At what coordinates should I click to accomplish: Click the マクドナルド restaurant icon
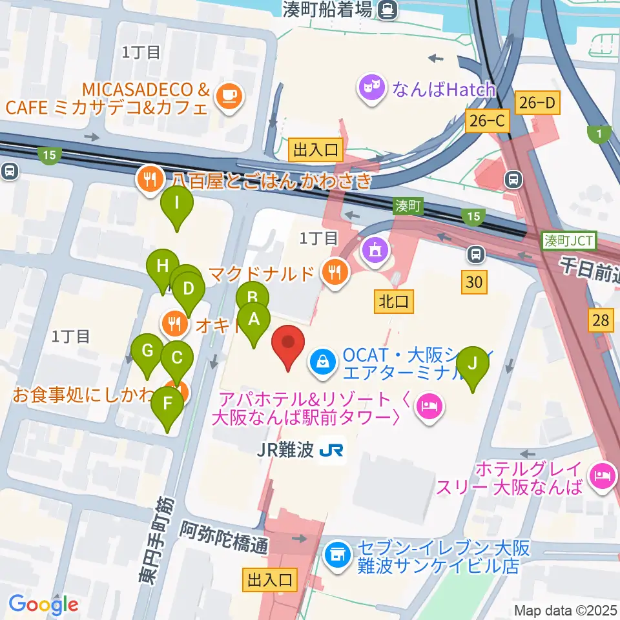pyautogui.click(x=334, y=273)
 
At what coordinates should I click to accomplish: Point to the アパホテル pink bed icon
pyautogui.click(x=429, y=408)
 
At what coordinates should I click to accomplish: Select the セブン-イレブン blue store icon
pyautogui.click(x=336, y=553)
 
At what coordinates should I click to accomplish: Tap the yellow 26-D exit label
pyautogui.click(x=535, y=102)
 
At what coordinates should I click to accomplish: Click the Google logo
pyautogui.click(x=43, y=604)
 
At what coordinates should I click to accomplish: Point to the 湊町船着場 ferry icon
pyautogui.click(x=388, y=9)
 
